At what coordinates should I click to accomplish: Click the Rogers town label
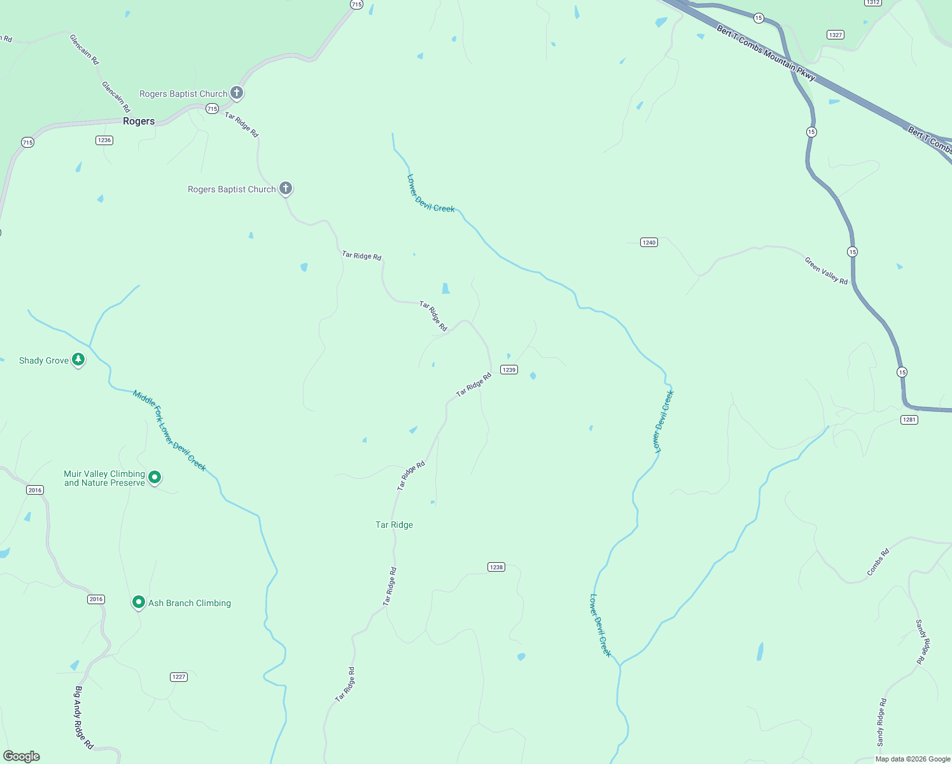pyautogui.click(x=139, y=121)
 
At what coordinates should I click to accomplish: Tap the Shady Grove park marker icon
pyautogui.click(x=78, y=360)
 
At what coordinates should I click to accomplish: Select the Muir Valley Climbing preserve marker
pyautogui.click(x=155, y=477)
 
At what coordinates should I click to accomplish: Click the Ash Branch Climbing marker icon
pyautogui.click(x=138, y=602)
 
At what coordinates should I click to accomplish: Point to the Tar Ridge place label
pyautogui.click(x=394, y=525)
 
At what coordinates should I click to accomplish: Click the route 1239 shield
pyautogui.click(x=508, y=369)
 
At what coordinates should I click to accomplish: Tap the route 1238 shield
pyautogui.click(x=496, y=567)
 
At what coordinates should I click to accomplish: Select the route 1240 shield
pyautogui.click(x=648, y=242)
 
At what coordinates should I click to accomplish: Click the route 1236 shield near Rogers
pyautogui.click(x=104, y=140)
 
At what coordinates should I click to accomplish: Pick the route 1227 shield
pyautogui.click(x=179, y=677)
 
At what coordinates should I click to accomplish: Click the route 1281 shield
pyautogui.click(x=909, y=420)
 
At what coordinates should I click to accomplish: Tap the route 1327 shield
pyautogui.click(x=836, y=35)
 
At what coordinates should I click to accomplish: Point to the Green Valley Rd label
pyautogui.click(x=826, y=271)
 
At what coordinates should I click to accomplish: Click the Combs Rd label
pyautogui.click(x=878, y=562)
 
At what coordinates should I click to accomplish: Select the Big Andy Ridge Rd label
pyautogui.click(x=84, y=717)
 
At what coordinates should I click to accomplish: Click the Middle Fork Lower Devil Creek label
pyautogui.click(x=169, y=430)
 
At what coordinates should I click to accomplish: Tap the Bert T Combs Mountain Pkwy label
pyautogui.click(x=766, y=53)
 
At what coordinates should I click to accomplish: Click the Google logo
pyautogui.click(x=22, y=756)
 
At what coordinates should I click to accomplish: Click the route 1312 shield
pyautogui.click(x=872, y=3)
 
